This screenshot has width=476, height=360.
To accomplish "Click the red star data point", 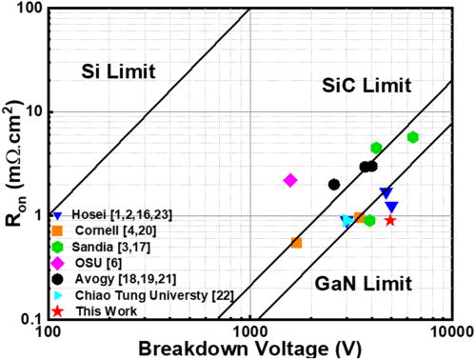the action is tap(390, 220).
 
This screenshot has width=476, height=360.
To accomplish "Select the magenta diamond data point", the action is tap(290, 180).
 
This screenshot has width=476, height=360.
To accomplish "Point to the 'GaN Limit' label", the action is tap(366, 283).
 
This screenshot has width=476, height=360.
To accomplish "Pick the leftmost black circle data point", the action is tap(334, 184).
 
